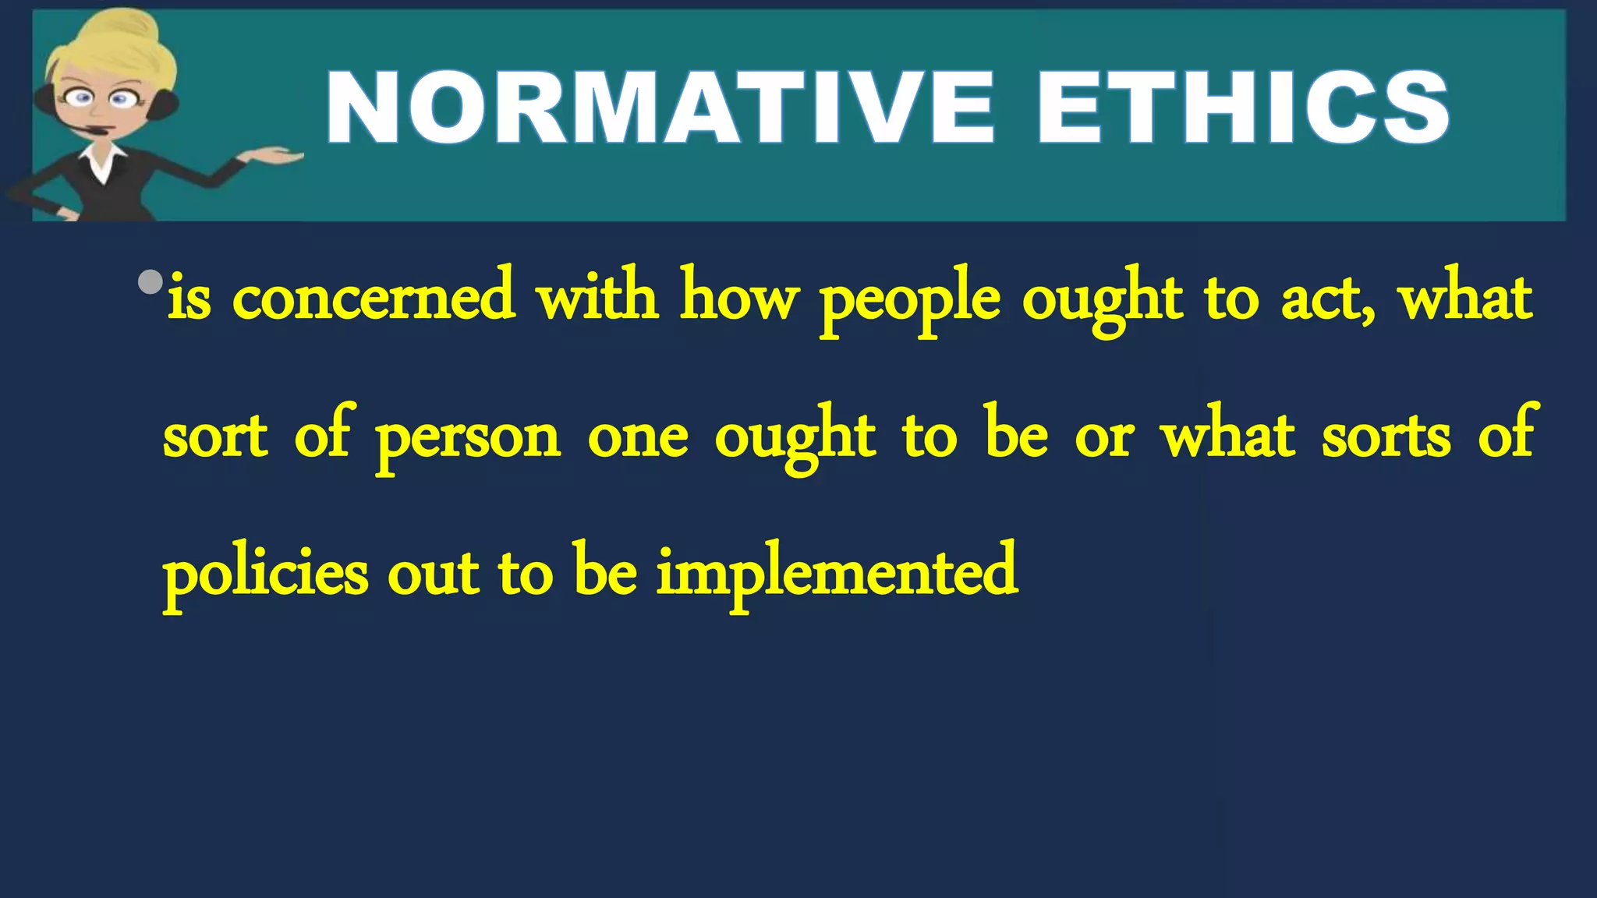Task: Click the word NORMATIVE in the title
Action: (x=659, y=108)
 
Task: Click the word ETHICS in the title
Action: (x=1241, y=108)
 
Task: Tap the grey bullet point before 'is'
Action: (x=150, y=281)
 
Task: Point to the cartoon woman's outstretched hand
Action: (x=273, y=157)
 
